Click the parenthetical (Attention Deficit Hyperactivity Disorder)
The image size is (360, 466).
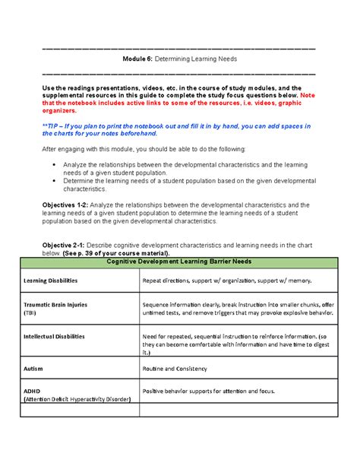point(78,398)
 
